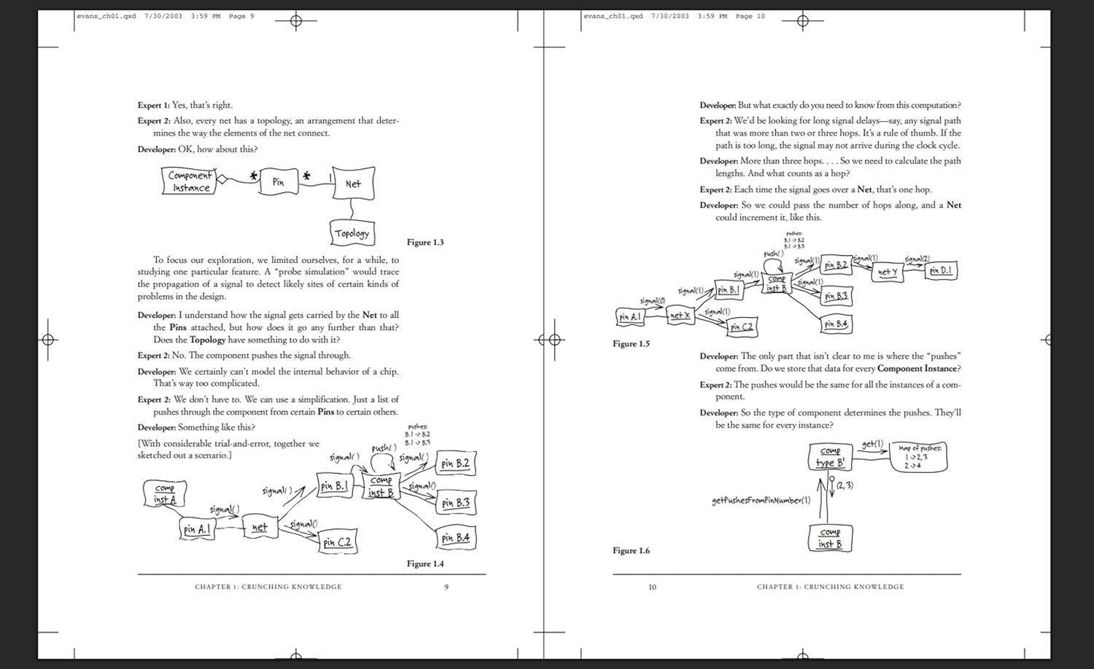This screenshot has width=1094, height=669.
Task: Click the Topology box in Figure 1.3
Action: tap(352, 233)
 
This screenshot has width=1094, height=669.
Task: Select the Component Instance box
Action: tap(190, 181)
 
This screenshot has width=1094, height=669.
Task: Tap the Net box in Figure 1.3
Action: tap(353, 184)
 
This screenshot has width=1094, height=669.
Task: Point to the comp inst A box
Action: tap(165, 494)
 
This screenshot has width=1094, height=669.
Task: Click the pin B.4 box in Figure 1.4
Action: tap(455, 538)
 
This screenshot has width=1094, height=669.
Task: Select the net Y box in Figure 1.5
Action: tap(888, 272)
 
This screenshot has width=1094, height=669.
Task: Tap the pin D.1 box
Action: tap(941, 270)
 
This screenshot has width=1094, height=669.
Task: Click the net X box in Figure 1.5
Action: tap(680, 316)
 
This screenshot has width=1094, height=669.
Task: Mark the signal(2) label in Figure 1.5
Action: tap(917, 259)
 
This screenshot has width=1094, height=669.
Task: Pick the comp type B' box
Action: tap(830, 457)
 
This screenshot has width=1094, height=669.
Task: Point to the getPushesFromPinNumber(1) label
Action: tap(761, 501)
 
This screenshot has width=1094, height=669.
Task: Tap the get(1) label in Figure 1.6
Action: tap(872, 444)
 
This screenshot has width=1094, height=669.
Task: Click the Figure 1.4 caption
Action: tap(425, 563)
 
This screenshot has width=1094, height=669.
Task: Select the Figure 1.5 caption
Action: tap(631, 344)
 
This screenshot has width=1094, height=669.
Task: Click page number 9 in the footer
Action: tap(446, 587)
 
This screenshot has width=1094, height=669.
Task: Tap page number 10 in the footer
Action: tap(652, 587)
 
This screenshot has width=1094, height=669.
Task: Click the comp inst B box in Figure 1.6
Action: tap(830, 538)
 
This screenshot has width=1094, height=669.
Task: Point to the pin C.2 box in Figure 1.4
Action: tap(338, 542)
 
